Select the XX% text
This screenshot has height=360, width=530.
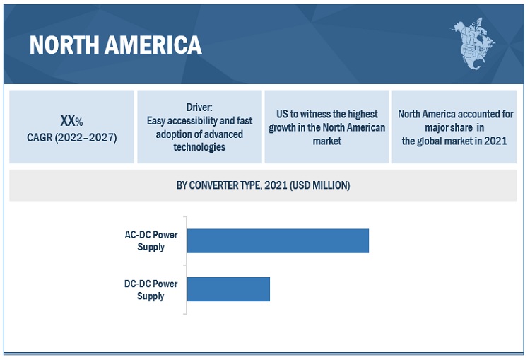[71, 121]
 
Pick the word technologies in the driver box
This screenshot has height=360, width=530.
[199, 146]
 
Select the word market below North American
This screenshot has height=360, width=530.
[326, 141]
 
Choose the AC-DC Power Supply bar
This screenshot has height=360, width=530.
[278, 240]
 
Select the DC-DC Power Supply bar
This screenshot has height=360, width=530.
[228, 289]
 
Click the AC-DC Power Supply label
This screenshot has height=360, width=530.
[151, 240]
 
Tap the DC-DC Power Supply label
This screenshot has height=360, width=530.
[151, 289]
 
